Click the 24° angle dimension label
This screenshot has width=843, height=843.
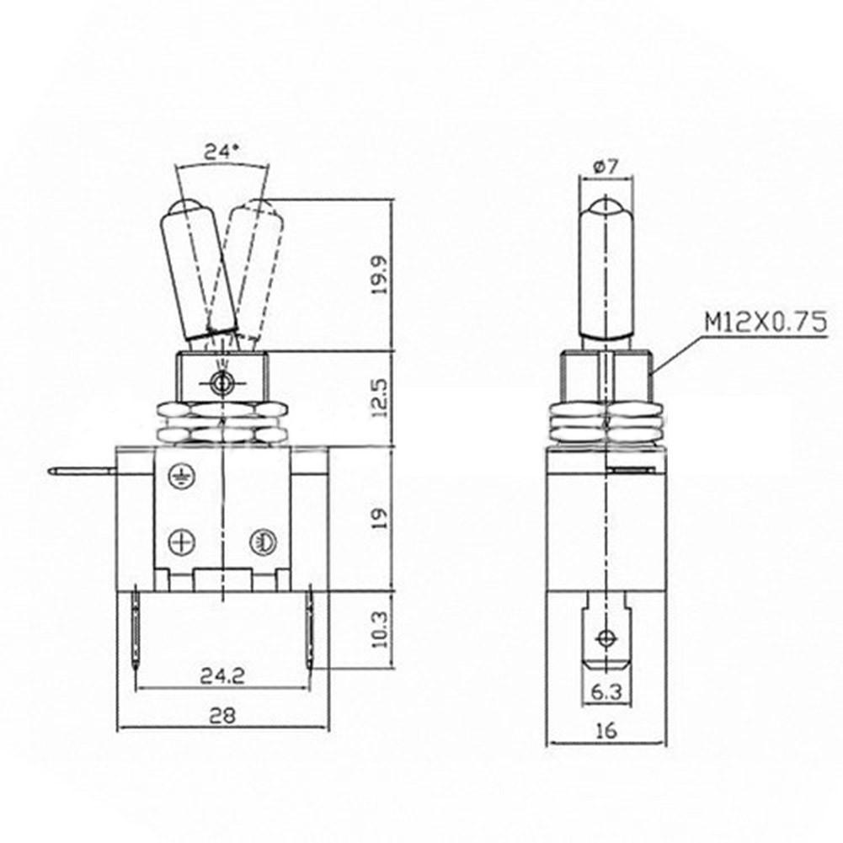click(x=221, y=152)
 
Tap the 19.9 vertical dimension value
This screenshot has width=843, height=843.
click(x=380, y=275)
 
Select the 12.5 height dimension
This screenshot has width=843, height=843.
click(x=380, y=398)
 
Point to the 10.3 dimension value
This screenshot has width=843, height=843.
click(x=380, y=629)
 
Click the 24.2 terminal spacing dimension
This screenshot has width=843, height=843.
click(x=222, y=675)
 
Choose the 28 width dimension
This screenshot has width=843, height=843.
click(x=222, y=716)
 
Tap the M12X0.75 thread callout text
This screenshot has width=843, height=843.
click(x=766, y=323)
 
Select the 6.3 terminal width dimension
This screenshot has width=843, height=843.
click(x=606, y=692)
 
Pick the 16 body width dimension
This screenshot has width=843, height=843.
click(x=606, y=731)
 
